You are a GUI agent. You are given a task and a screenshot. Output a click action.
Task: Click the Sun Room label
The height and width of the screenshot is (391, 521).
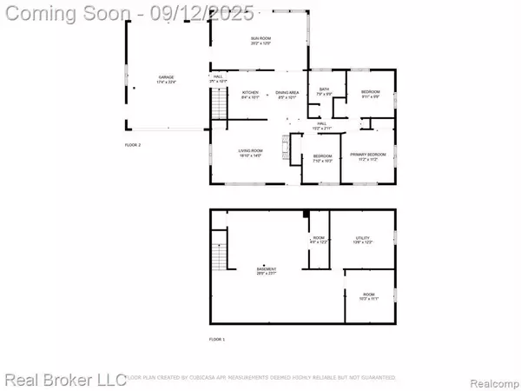coord(259,41)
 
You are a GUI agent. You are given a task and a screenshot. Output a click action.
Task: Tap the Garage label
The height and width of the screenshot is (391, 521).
coord(167,80)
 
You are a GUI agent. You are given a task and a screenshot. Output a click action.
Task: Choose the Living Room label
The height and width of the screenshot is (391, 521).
coord(251,153)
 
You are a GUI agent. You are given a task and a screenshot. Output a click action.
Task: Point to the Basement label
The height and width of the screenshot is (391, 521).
coord(266,270)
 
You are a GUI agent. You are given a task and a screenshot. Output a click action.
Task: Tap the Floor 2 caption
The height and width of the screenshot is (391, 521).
coord(132,144)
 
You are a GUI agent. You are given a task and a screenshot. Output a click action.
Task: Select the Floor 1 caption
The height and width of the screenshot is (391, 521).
coord(217,339)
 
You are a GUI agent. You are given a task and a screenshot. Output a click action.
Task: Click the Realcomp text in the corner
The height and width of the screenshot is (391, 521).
coord(492,380)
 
